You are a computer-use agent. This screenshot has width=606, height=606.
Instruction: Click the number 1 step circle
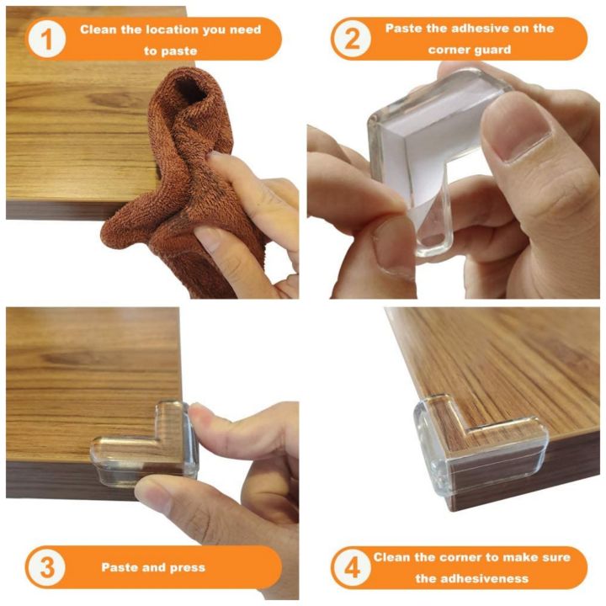click(47, 39)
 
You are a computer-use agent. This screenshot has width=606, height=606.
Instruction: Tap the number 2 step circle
click(352, 39)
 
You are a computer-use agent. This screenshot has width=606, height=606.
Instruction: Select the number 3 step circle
click(47, 567)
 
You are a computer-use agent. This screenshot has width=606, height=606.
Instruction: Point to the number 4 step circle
click(352, 568)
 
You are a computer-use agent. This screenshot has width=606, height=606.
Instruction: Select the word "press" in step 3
click(188, 568)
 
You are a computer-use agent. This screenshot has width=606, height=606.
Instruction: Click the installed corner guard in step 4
click(479, 444)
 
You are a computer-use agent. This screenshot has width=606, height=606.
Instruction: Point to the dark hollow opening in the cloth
click(189, 90)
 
